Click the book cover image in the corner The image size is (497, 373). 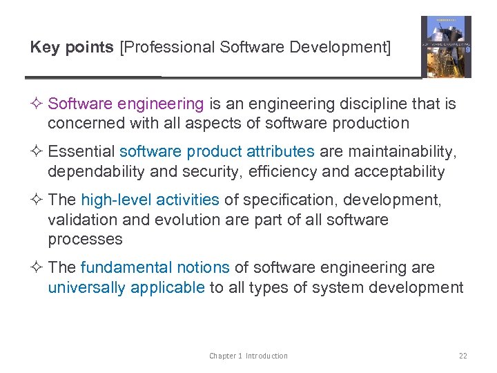tap(446, 46)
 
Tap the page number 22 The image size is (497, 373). tap(462, 356)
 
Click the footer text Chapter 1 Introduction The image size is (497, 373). tap(248, 356)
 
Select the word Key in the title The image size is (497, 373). tap(43, 48)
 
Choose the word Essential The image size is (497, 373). tap(81, 152)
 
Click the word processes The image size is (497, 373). tap(85, 240)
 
